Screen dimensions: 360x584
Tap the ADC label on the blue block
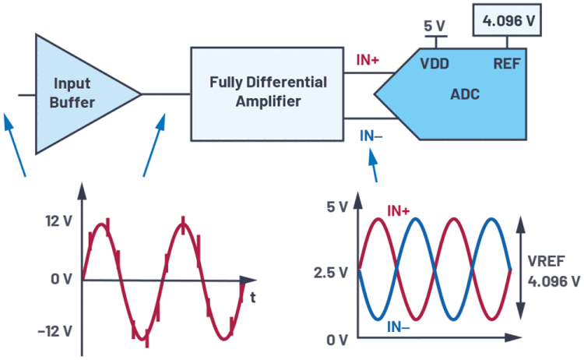click(x=466, y=94)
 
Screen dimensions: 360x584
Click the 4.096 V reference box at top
click(x=508, y=20)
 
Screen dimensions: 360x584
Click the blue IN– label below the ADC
click(x=371, y=136)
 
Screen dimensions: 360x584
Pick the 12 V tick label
click(x=58, y=221)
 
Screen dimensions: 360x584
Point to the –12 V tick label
click(x=55, y=330)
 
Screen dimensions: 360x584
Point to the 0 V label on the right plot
click(x=337, y=340)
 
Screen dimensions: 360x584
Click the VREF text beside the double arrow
click(x=545, y=262)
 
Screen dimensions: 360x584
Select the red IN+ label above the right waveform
click(x=399, y=210)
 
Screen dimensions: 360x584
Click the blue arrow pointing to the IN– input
click(x=374, y=164)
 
